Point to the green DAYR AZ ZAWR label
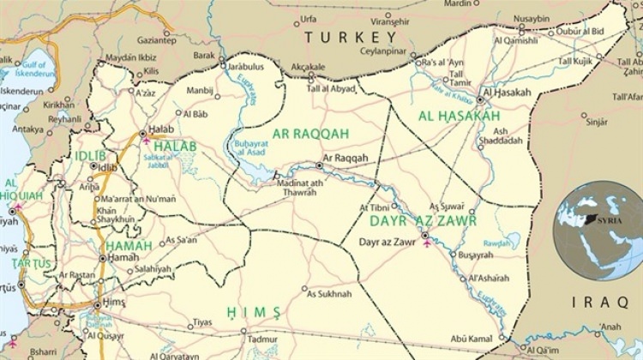417,221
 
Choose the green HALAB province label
175,147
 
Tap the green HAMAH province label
128,246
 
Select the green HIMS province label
254,310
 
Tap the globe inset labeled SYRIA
598,231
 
